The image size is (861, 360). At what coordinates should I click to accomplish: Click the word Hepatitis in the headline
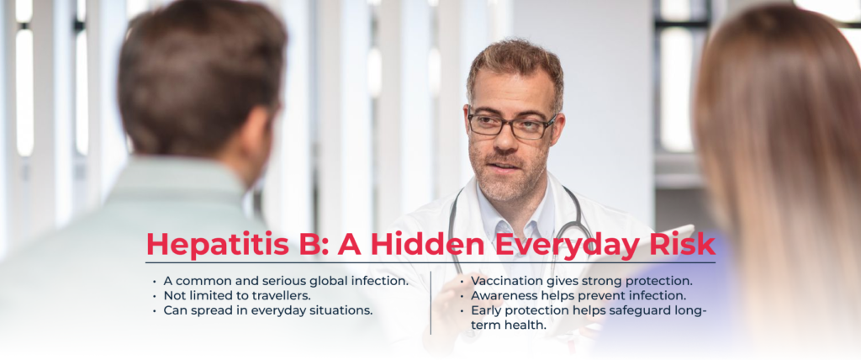tap(218, 245)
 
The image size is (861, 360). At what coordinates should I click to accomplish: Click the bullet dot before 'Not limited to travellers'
tap(155, 296)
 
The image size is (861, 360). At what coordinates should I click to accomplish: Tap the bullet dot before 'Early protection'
tap(462, 310)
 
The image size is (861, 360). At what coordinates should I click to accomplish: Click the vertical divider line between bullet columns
tap(431, 302)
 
